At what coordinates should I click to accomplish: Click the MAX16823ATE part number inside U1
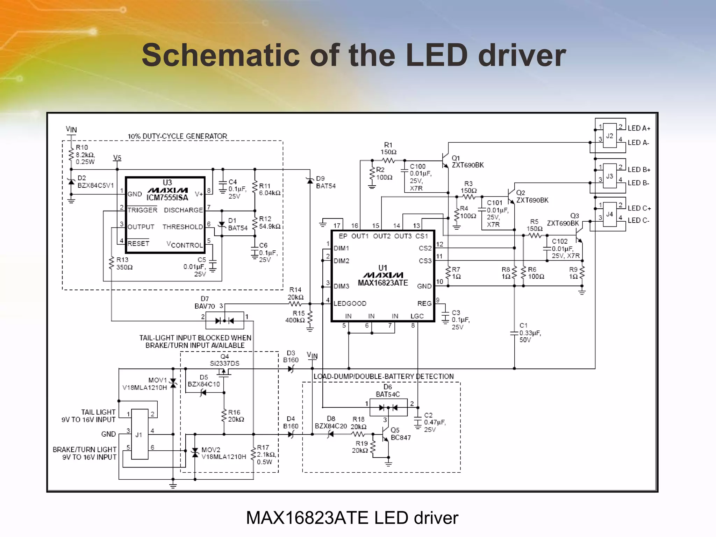point(383,283)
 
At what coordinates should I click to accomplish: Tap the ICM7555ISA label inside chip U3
point(167,198)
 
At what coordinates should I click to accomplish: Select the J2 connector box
point(610,136)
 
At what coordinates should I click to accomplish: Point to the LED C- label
point(638,221)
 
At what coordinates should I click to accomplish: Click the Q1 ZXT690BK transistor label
point(467,162)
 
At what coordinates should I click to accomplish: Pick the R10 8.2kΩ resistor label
point(85,155)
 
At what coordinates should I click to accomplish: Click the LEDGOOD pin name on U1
point(350,303)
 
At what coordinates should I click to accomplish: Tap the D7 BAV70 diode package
point(224,320)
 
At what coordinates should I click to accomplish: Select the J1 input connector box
point(139,434)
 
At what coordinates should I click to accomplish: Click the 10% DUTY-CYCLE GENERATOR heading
point(177,136)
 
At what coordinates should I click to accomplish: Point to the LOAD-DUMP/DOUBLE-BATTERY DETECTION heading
point(384,377)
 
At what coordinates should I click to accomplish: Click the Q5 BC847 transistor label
point(400,434)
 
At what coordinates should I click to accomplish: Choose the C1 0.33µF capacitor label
point(530,332)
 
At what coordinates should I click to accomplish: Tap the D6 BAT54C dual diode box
point(388,408)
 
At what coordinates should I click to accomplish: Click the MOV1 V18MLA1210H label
point(145,384)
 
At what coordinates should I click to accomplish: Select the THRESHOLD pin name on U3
point(182,227)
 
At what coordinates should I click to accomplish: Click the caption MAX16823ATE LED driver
point(352,518)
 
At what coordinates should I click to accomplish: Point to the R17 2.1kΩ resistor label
point(266,454)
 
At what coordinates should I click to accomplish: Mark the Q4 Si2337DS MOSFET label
point(224,360)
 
